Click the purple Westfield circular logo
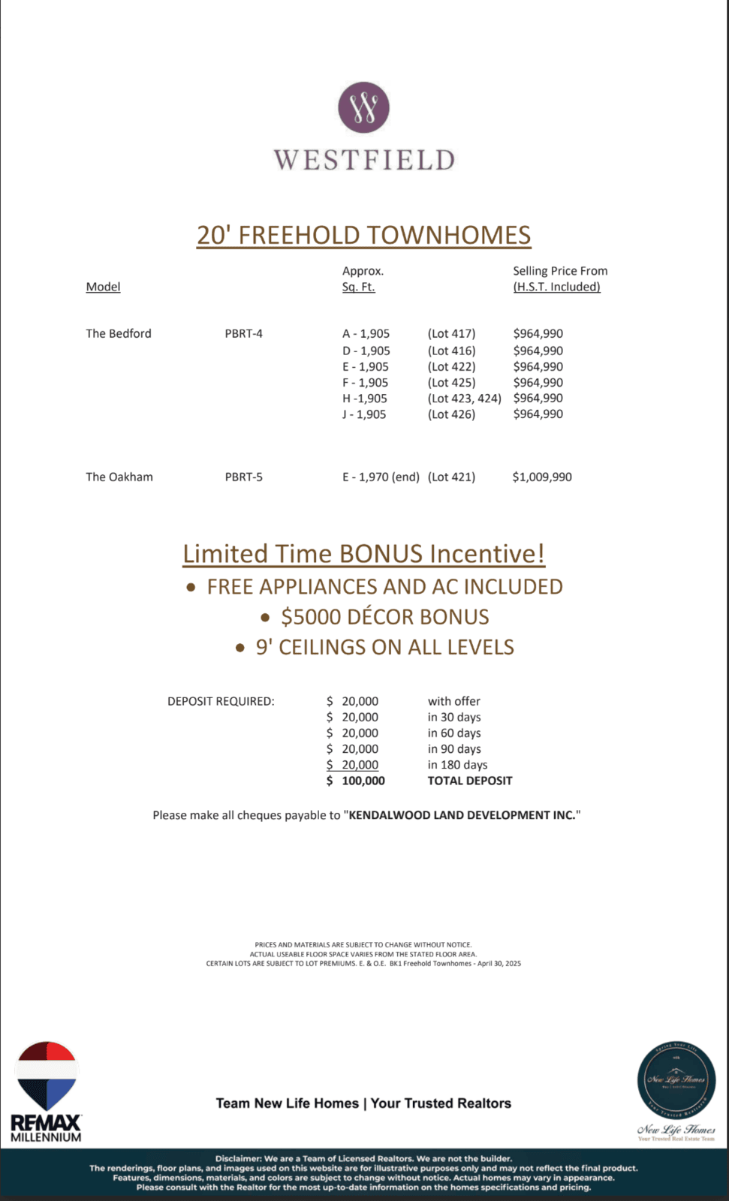pyautogui.click(x=363, y=107)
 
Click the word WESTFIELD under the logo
pyautogui.click(x=364, y=160)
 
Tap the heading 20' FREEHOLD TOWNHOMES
pyautogui.click(x=363, y=235)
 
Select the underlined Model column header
pyautogui.click(x=103, y=287)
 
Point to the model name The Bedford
pyautogui.click(x=119, y=333)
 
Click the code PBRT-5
pyautogui.click(x=243, y=477)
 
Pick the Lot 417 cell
pyautogui.click(x=451, y=333)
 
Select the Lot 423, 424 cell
pyautogui.click(x=464, y=398)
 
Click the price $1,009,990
pyautogui.click(x=542, y=477)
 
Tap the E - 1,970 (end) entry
pyautogui.click(x=381, y=477)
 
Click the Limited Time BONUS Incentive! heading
pyautogui.click(x=364, y=554)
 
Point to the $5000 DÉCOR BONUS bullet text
pyautogui.click(x=384, y=617)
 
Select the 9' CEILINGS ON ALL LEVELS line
pyautogui.click(x=384, y=647)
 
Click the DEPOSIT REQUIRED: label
pyautogui.click(x=221, y=701)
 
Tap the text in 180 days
pyautogui.click(x=457, y=764)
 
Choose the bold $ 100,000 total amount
pyautogui.click(x=356, y=781)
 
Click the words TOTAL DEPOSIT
pyautogui.click(x=470, y=781)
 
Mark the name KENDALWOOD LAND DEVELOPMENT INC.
pyautogui.click(x=462, y=815)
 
